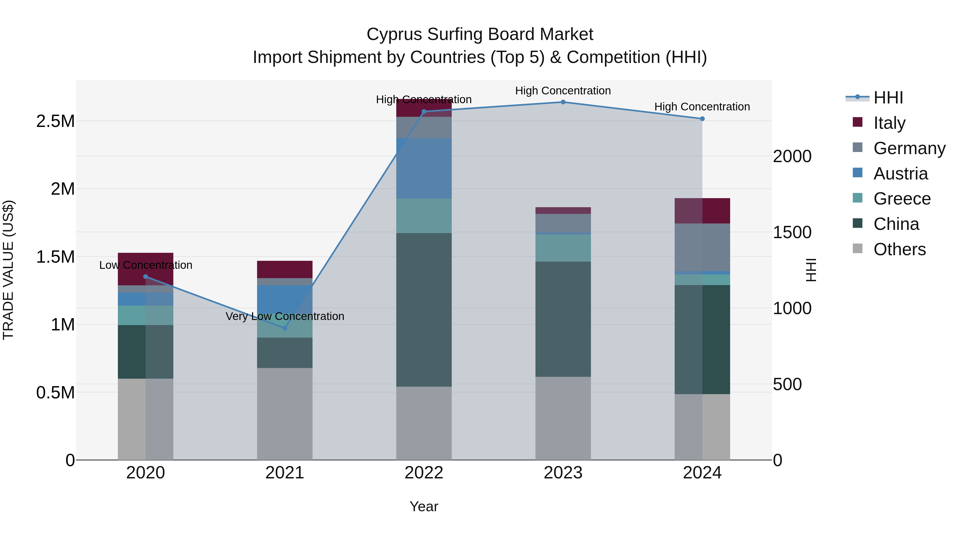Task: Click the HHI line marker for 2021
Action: [x=285, y=328]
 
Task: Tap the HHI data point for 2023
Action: [x=563, y=102]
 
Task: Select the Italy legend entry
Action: [x=889, y=123]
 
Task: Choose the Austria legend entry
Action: [x=900, y=174]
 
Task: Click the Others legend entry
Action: [x=899, y=249]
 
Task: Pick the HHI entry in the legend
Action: [x=888, y=98]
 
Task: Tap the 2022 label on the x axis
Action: [x=424, y=473]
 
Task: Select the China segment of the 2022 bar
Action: [x=424, y=309]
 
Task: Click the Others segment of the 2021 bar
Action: [x=285, y=414]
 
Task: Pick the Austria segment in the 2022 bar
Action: [x=424, y=169]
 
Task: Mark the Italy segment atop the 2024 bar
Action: [x=702, y=211]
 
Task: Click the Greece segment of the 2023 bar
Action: [x=563, y=248]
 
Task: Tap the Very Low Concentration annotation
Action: [x=285, y=316]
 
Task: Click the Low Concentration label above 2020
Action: [x=146, y=265]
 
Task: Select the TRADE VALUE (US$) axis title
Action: [x=8, y=270]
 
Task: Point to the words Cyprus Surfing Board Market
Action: [x=480, y=34]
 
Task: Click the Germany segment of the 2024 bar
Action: [x=702, y=247]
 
